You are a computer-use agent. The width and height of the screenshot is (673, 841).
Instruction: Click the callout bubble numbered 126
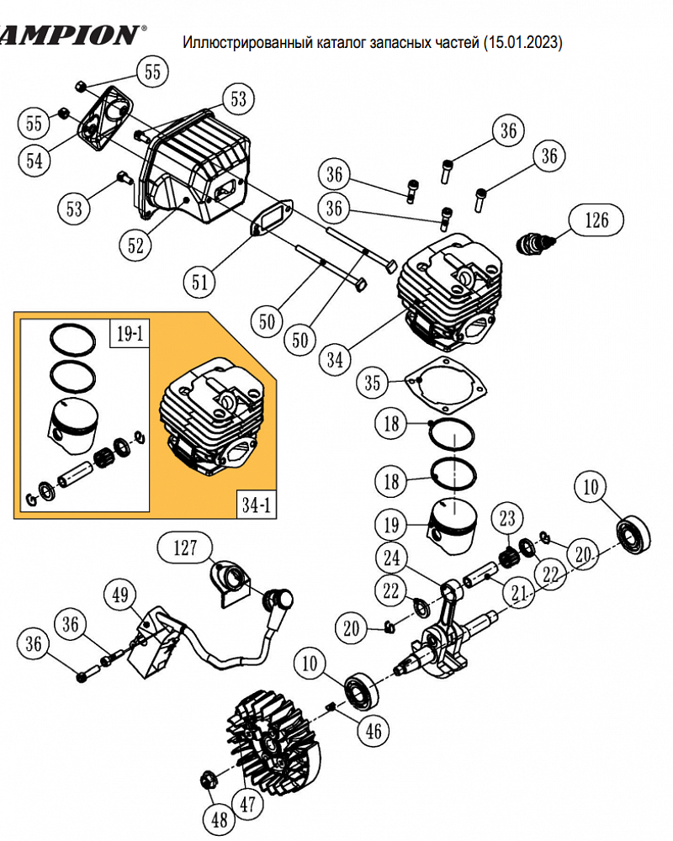click(x=596, y=220)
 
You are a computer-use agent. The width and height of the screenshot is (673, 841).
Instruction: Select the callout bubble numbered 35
click(x=373, y=383)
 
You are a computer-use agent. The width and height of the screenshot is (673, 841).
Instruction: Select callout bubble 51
click(x=199, y=282)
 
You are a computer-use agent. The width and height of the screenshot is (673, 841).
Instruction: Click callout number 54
click(x=34, y=160)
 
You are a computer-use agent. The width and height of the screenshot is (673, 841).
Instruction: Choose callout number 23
click(x=507, y=517)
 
